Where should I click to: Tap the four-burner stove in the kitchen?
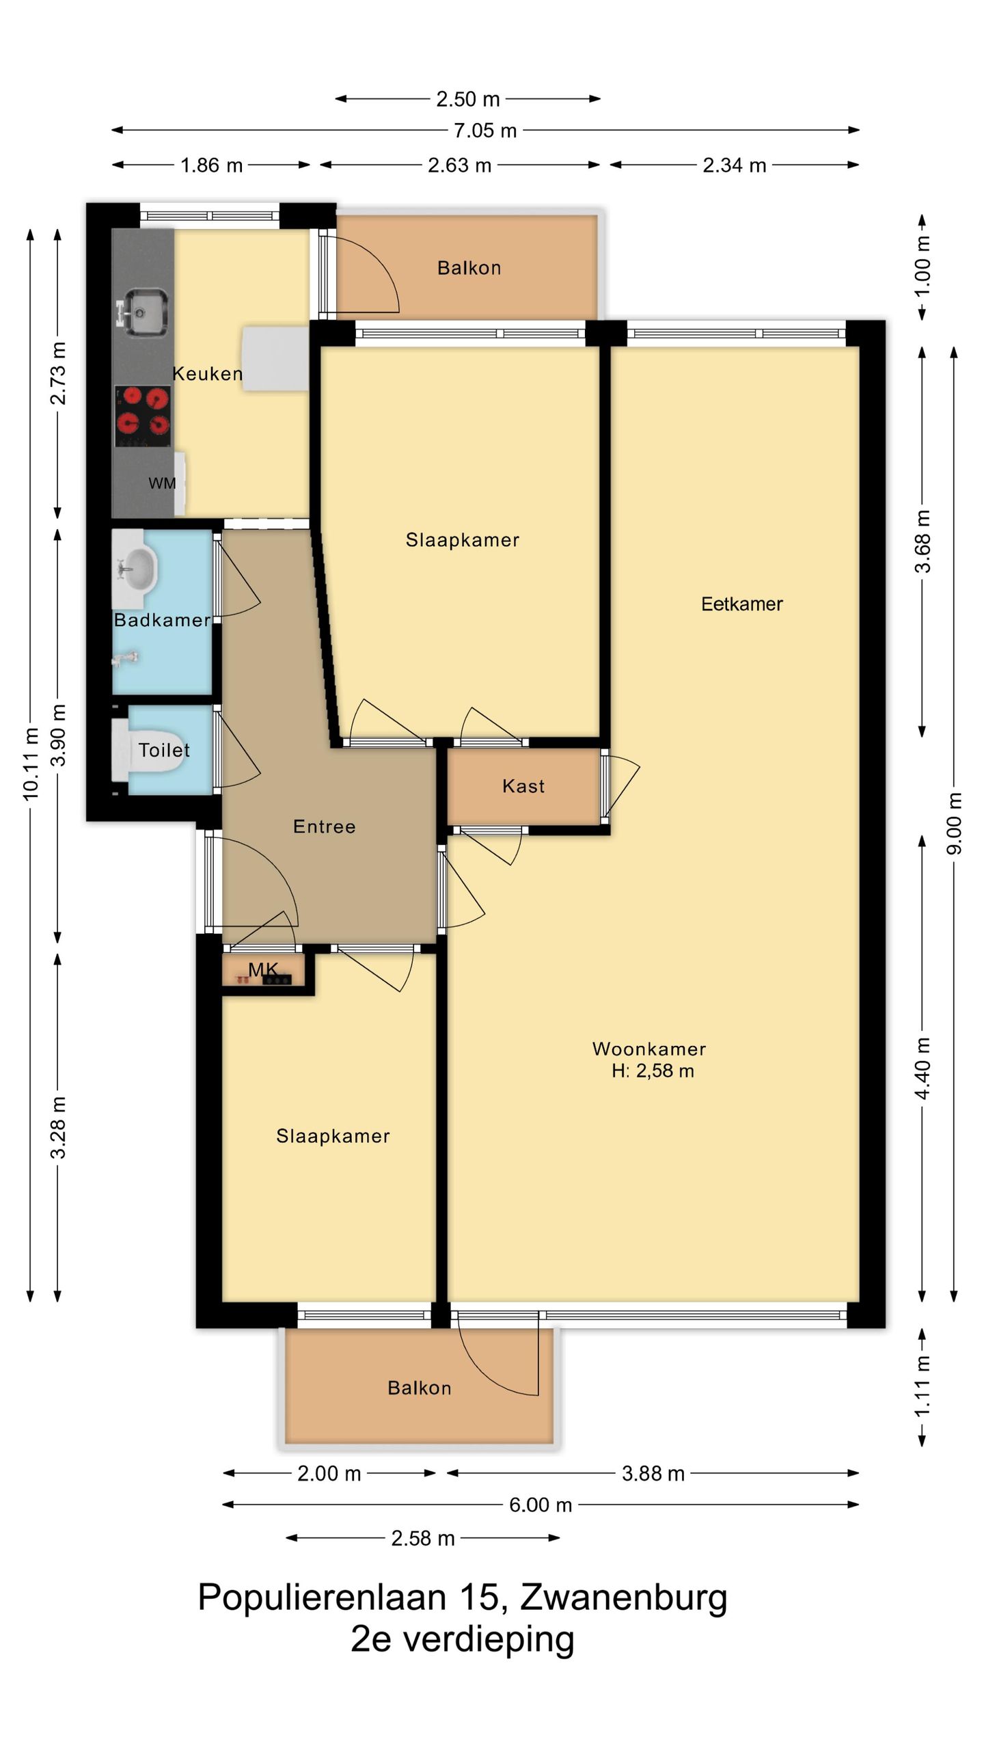143,416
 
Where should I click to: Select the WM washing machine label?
162,483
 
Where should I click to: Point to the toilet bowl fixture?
150,750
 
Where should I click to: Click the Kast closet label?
523,786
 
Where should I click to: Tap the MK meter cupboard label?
263,969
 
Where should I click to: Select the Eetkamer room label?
742,604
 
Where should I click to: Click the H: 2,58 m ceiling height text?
653,1071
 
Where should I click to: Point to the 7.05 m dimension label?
485,131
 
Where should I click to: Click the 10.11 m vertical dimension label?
31,764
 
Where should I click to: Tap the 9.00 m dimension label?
955,823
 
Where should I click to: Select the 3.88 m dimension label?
653,1473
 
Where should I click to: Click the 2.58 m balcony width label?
423,1538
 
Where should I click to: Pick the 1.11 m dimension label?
922,1388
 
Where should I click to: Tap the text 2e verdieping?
463,1639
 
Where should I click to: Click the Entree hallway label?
325,826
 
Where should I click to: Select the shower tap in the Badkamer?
124,659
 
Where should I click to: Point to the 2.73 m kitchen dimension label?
59,373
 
